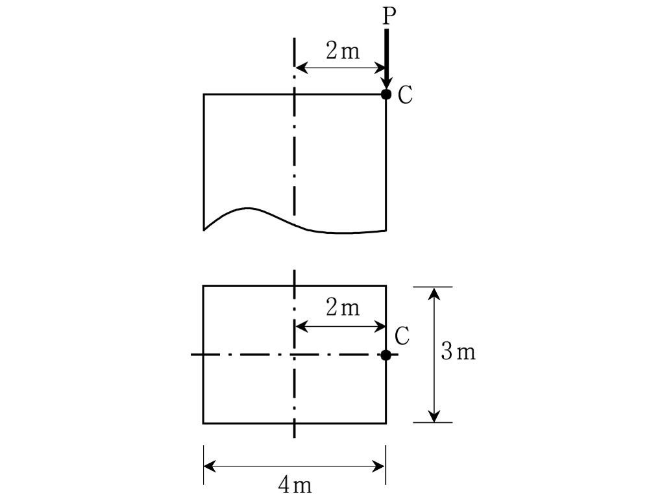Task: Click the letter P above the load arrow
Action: (x=389, y=16)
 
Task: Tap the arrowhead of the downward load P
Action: (x=387, y=84)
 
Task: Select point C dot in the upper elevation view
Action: (x=386, y=94)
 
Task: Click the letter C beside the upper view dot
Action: (x=405, y=95)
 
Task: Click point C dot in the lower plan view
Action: (x=386, y=355)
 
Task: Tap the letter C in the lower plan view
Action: (x=402, y=336)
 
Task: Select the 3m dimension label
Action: (x=458, y=352)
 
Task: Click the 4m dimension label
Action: (x=295, y=485)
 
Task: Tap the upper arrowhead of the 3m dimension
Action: (x=434, y=294)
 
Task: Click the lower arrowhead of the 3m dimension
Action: (x=434, y=416)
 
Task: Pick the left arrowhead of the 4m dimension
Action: (x=210, y=467)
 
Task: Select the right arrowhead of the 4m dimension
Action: (x=379, y=467)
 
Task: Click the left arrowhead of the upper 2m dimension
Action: (x=301, y=68)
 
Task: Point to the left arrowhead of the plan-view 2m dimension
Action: (x=301, y=327)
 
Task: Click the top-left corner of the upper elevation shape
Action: (x=204, y=94)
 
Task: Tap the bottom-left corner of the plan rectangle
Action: (x=203, y=423)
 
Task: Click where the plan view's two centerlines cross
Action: (x=294, y=355)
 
